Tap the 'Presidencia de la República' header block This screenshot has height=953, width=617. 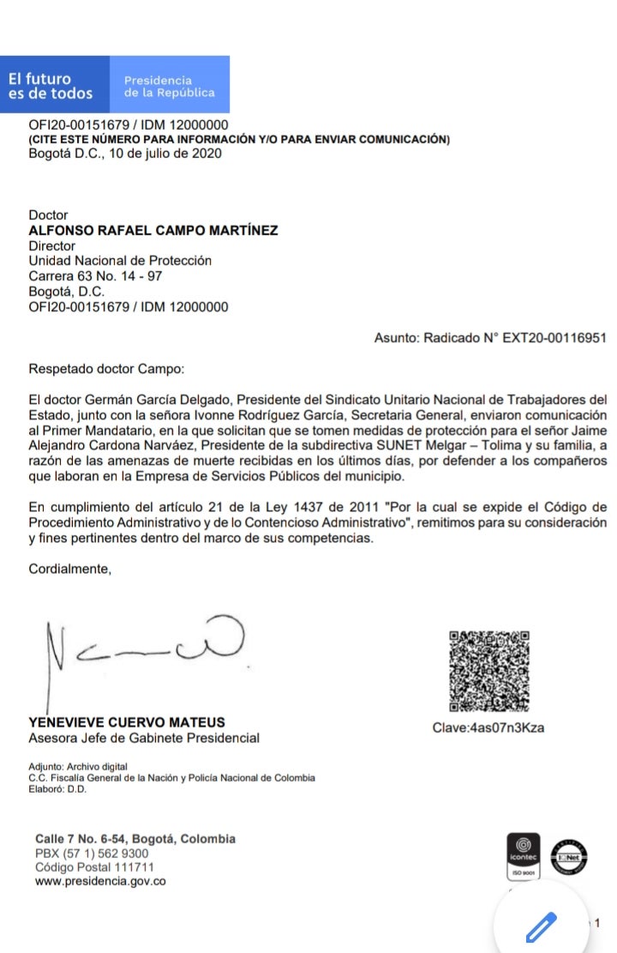169,86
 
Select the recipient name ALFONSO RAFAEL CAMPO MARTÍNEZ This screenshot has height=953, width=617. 153,230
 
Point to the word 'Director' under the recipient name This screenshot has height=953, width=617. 52,245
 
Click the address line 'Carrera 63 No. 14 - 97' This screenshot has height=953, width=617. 95,276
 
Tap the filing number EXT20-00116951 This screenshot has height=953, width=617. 554,338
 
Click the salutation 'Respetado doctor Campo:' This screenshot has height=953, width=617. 106,369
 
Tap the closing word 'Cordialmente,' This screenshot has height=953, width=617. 70,568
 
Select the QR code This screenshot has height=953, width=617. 488,672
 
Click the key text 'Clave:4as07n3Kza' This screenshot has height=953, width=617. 488,728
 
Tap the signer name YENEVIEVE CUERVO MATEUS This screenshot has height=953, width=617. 128,722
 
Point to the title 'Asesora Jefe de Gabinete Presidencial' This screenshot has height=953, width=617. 144,738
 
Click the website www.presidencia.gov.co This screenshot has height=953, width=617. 100,882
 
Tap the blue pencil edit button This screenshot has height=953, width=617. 541,925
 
